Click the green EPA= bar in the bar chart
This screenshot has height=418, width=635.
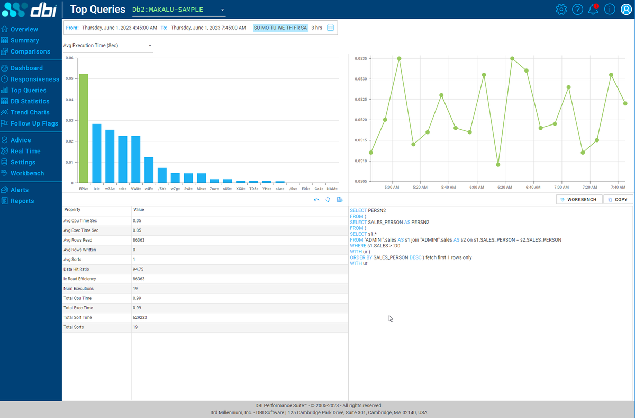tap(84, 129)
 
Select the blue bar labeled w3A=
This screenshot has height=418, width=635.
tap(110, 156)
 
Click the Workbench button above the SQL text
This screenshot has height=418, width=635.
tap(579, 199)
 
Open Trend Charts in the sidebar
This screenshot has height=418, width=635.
tap(30, 112)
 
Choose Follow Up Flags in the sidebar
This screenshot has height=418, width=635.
tap(34, 123)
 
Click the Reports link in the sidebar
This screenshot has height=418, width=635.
tap(22, 201)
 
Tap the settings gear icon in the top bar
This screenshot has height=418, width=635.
tap(561, 10)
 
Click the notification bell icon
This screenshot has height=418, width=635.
tap(593, 10)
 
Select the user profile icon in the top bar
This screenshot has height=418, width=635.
tap(625, 10)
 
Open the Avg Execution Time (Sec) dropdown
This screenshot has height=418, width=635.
tap(107, 46)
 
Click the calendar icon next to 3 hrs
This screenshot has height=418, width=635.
tap(331, 28)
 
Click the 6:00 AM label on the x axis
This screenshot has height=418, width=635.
tap(477, 187)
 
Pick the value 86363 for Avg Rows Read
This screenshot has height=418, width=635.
tap(140, 240)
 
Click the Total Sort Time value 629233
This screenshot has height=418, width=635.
tap(140, 317)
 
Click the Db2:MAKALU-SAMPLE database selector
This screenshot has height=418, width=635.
tap(178, 10)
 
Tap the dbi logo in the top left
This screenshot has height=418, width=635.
tap(31, 10)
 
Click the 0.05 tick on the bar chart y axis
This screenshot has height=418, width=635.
tap(70, 78)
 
